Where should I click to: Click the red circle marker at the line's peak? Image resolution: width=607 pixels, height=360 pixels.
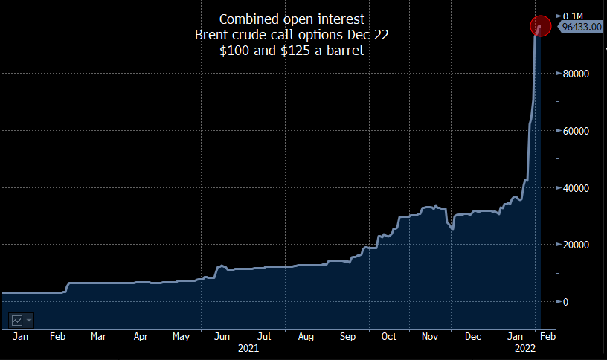[x=540, y=26]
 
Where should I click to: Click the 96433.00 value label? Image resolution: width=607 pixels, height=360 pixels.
[x=582, y=27]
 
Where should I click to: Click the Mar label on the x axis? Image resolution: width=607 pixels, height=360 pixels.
[x=98, y=337]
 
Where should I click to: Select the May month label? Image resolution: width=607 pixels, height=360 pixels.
[x=181, y=337]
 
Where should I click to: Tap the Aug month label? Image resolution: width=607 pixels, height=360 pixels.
[x=306, y=337]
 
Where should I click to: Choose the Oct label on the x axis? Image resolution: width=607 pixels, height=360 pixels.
[x=388, y=337]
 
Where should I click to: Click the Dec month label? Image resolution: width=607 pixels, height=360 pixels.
[x=473, y=337]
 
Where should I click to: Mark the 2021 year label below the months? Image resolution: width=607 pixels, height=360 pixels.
[x=248, y=348]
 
